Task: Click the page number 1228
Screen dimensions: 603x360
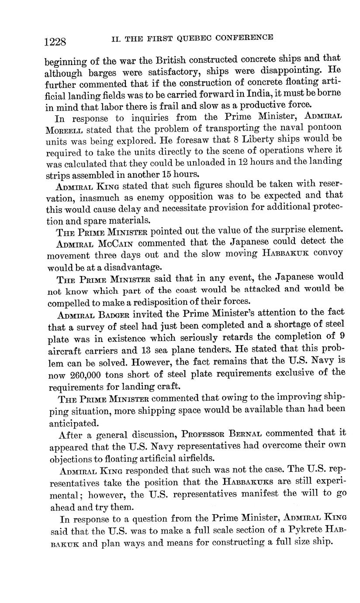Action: click(x=55, y=42)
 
